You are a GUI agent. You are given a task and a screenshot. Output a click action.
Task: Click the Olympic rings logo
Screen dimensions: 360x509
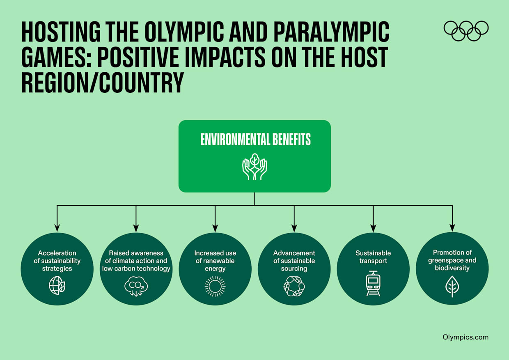point(466,31)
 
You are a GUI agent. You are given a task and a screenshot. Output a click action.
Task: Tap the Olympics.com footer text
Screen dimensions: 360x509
point(465,337)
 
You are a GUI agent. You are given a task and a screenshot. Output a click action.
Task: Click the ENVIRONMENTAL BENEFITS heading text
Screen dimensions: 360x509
point(255,139)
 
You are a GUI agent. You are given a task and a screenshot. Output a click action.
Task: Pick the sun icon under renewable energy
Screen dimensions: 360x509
point(215,286)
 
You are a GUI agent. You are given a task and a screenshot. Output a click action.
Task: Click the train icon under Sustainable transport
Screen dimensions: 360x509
point(373,284)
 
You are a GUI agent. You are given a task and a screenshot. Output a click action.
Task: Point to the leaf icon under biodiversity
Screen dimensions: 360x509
point(452,286)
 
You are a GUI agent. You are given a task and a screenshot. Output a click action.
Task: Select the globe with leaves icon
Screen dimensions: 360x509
point(57,286)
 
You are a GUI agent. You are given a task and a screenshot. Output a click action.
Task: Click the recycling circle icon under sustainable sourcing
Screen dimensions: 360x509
point(294,286)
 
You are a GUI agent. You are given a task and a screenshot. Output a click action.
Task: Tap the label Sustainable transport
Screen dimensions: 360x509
point(373,257)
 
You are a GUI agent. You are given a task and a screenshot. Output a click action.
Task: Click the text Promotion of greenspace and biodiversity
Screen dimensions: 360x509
point(452,260)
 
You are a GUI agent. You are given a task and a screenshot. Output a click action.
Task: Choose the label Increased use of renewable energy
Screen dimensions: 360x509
point(215,261)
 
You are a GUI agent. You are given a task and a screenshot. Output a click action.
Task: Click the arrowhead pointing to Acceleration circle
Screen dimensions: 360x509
point(57,227)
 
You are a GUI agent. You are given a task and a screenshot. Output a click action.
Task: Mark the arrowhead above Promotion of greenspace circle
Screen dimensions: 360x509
point(452,227)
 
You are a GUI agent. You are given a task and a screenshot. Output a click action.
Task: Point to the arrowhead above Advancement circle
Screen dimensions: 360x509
point(294,227)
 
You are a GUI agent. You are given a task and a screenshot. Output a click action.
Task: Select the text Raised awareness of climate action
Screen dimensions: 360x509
point(136,257)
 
